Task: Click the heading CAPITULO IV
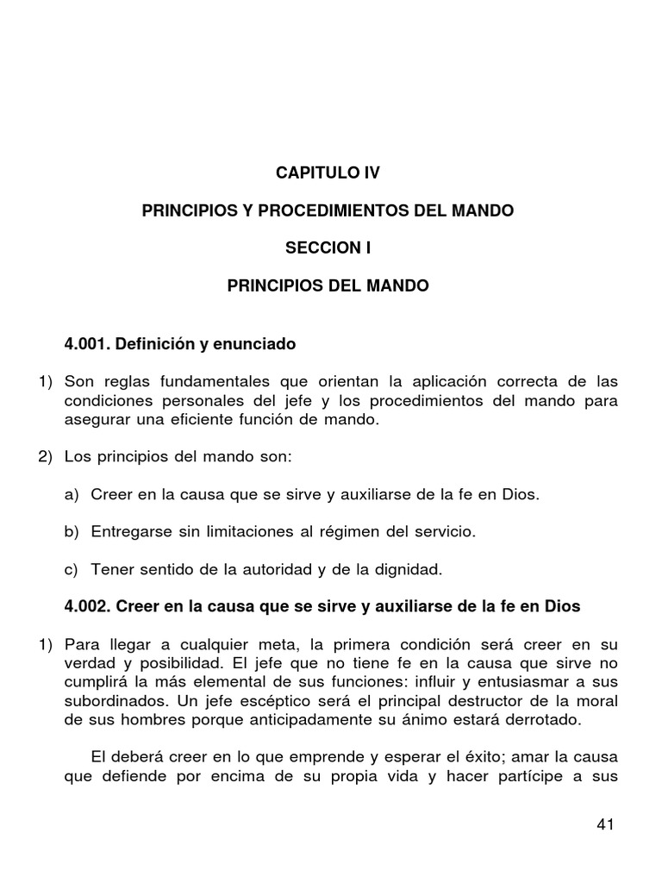[327, 173]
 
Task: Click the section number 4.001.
[89, 345]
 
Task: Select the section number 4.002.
[89, 606]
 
